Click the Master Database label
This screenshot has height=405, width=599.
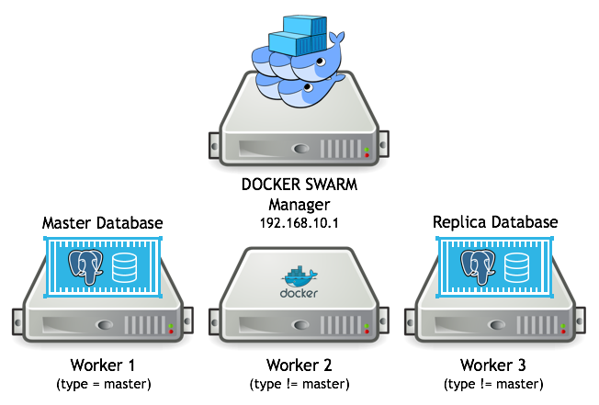click(103, 223)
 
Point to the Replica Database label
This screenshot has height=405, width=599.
click(494, 223)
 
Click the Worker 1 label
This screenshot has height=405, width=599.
click(102, 365)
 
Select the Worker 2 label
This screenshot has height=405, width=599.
click(299, 365)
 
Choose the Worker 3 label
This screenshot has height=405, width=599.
click(495, 365)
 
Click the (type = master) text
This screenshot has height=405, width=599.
click(102, 383)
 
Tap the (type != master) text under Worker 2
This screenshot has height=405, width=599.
click(299, 383)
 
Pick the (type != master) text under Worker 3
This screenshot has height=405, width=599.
click(495, 383)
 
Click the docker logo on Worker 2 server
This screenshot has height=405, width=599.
click(299, 281)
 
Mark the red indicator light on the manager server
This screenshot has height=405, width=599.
click(368, 155)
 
